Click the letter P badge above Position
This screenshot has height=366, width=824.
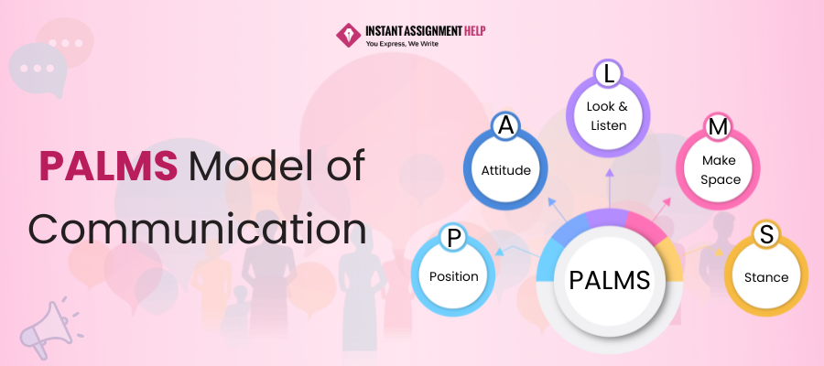coord(452,239)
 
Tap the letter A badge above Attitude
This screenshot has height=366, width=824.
coord(504,127)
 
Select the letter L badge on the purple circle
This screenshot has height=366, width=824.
coord(607,73)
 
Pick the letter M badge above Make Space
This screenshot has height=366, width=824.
coord(718,127)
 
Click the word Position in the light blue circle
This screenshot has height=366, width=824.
coord(454,276)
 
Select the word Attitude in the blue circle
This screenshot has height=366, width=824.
coord(506,169)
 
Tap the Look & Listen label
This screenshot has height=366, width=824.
coord(607,115)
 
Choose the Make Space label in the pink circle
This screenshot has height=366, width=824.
coord(720,171)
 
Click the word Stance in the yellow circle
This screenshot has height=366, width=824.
coord(766,277)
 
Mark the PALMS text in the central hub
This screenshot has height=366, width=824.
coord(608,278)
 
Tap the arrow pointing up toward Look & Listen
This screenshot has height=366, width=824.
coord(608,188)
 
